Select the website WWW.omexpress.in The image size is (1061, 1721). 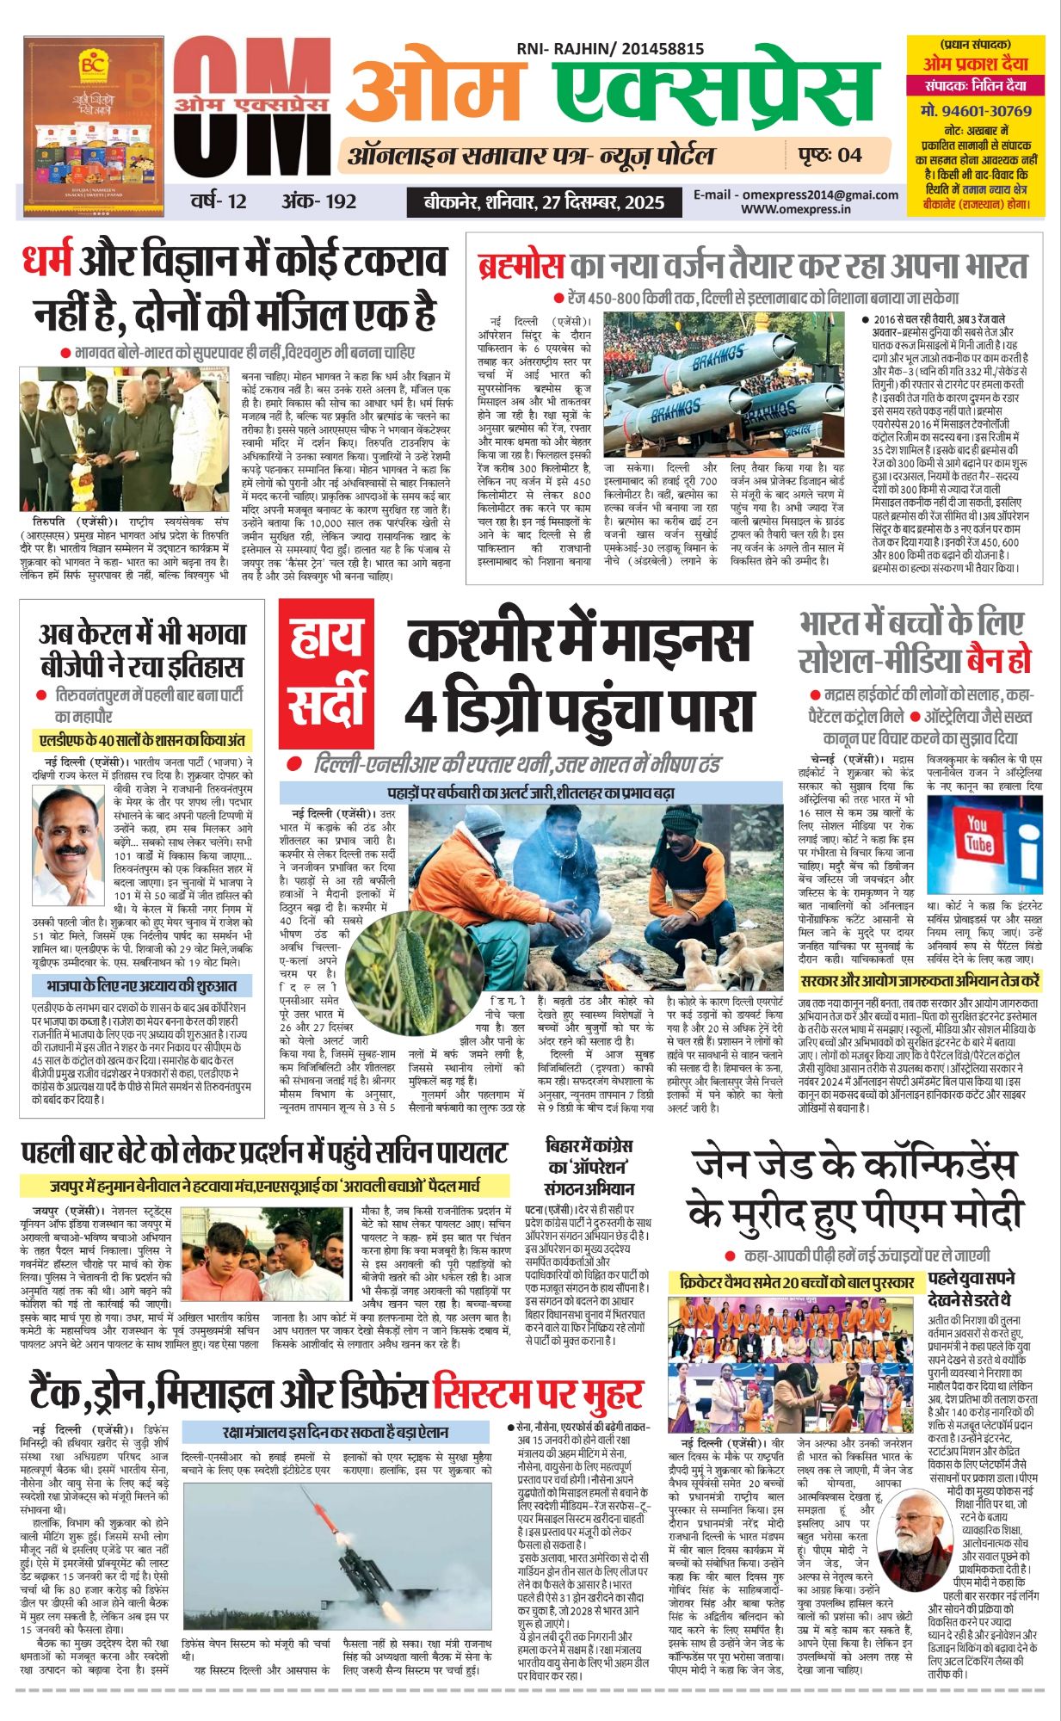click(x=796, y=208)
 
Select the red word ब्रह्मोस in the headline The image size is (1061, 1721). click(x=521, y=266)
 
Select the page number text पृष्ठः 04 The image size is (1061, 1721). click(x=830, y=155)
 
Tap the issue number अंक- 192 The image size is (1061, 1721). click(x=318, y=201)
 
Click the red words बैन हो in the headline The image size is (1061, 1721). click(x=998, y=661)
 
